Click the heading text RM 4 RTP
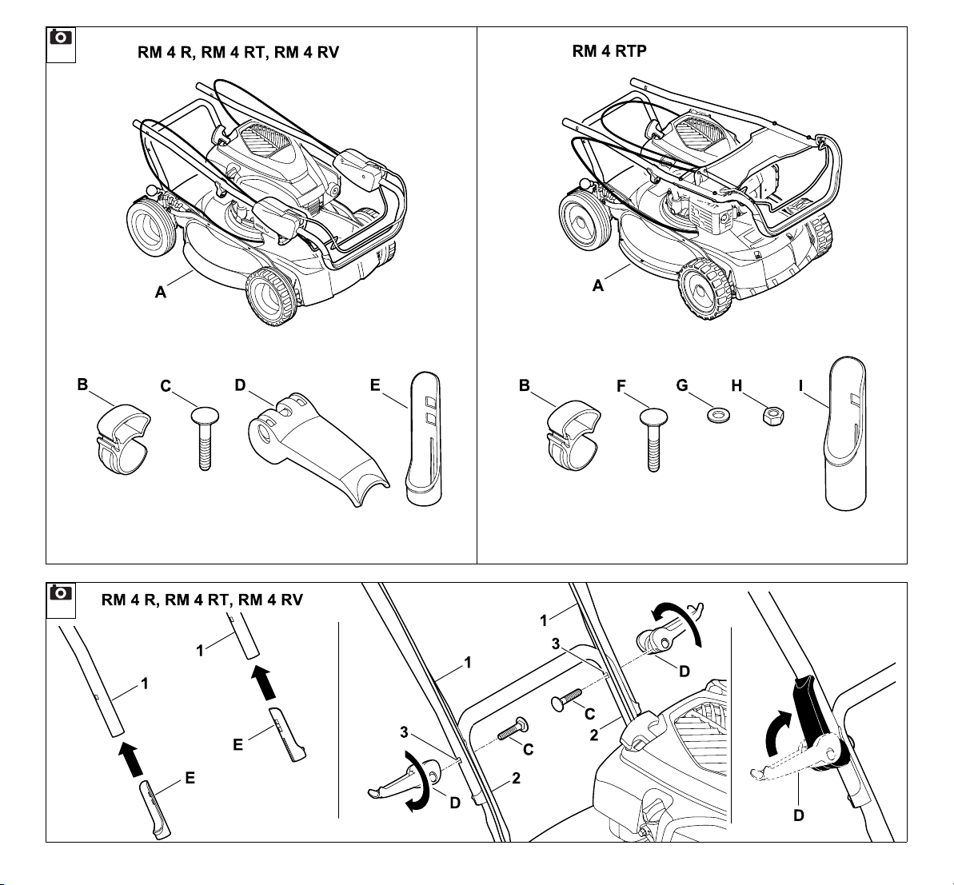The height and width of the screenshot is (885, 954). pos(609,51)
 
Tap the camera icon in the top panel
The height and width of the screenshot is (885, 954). pos(60,38)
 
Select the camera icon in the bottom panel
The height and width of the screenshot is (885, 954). pos(60,592)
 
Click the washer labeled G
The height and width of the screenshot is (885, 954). pos(719,417)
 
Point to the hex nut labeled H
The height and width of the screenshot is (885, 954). pos(772,417)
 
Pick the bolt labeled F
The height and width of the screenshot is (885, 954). pos(653,440)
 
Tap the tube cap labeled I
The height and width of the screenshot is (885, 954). pos(846,433)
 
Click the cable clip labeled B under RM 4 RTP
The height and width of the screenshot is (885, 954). pos(573,436)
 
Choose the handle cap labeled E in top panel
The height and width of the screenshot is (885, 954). pos(424,439)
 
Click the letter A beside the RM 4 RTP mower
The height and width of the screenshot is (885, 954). pos(598,285)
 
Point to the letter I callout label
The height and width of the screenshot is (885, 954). pos(801,385)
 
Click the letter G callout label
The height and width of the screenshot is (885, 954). pos(682,385)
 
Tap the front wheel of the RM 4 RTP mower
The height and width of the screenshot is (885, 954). pos(706,289)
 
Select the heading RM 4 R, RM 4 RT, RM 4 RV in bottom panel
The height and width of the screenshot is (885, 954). pos(202,600)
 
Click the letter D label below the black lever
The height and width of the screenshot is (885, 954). pos(799,815)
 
